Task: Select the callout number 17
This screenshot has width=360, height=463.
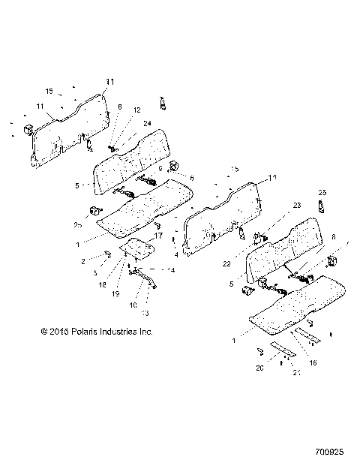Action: pyautogui.click(x=158, y=237)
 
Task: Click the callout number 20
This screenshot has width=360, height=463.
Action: pyautogui.click(x=259, y=368)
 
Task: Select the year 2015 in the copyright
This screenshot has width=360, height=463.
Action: pyautogui.click(x=55, y=330)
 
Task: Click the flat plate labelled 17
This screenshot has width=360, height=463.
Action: pyautogui.click(x=138, y=248)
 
